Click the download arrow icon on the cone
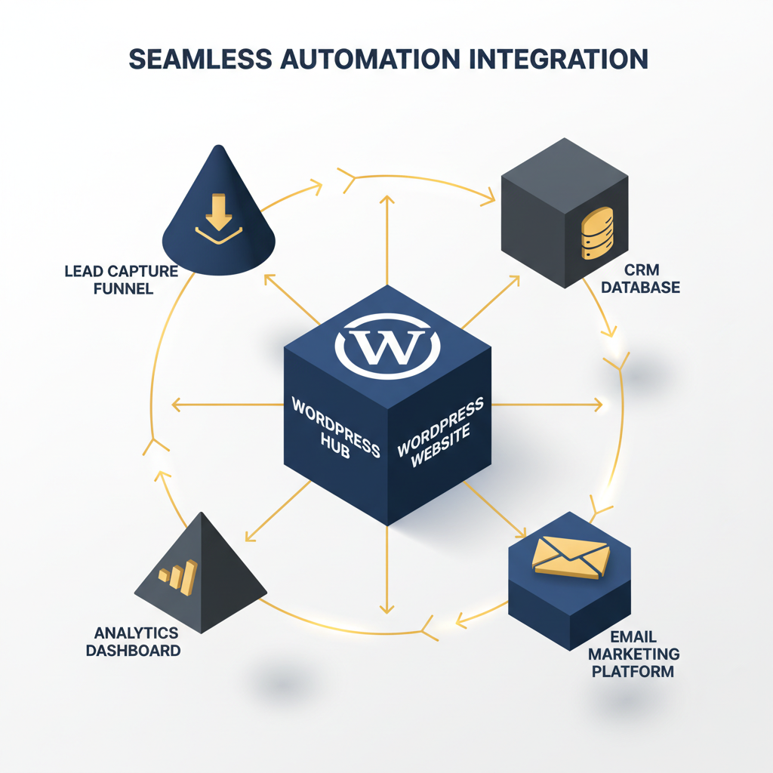[x=219, y=215]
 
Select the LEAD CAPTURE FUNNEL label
[x=121, y=279]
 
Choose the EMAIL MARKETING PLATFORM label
[x=633, y=653]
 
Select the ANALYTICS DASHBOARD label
[x=137, y=641]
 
